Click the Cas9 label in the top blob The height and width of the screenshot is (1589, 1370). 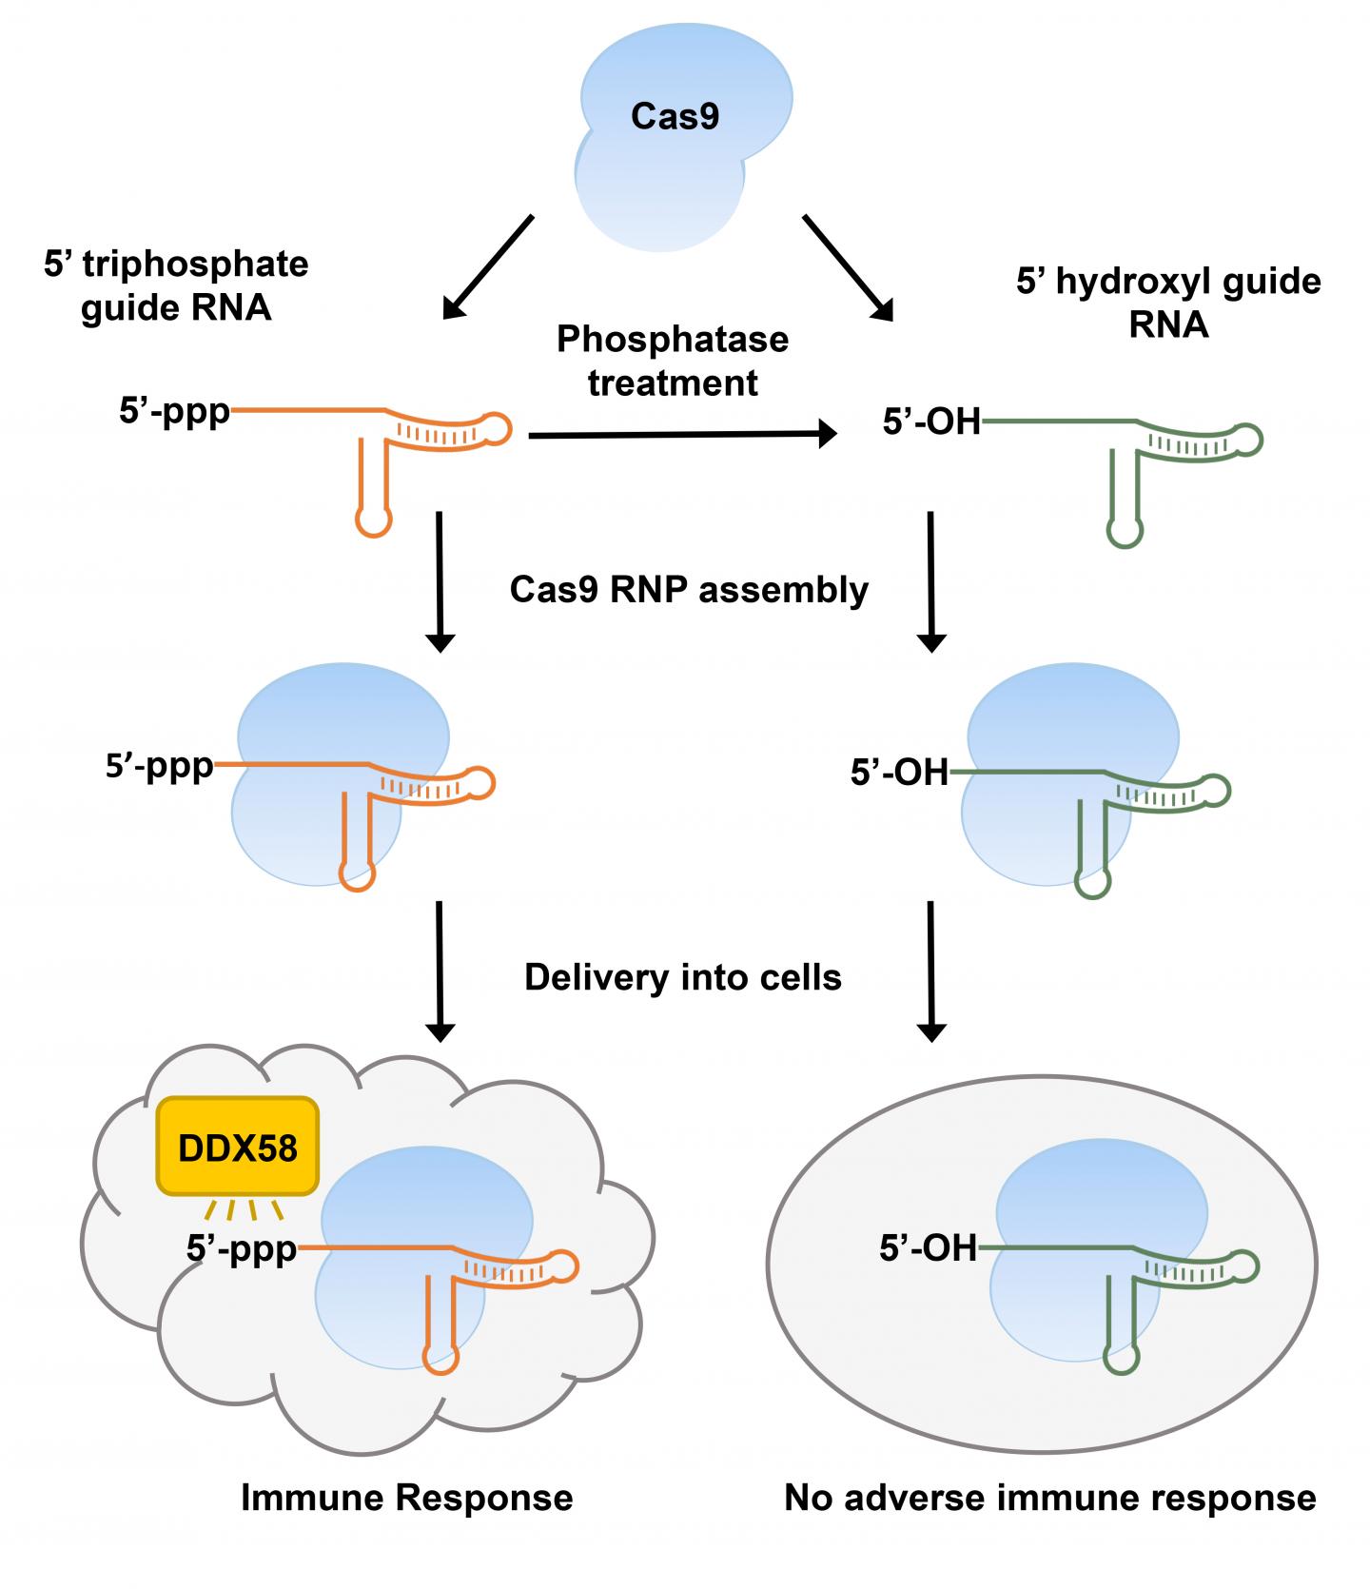tap(675, 117)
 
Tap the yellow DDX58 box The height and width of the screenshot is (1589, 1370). tap(238, 1148)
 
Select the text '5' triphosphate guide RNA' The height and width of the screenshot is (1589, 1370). tap(176, 285)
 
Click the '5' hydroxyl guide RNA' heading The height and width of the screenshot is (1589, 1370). tap(1168, 303)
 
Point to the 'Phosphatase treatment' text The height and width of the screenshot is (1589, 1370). tap(673, 361)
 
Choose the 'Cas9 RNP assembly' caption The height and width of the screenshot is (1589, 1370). tap(689, 590)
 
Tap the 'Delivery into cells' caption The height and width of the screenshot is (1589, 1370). tap(683, 977)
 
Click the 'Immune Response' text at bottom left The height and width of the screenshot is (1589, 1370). tap(406, 1498)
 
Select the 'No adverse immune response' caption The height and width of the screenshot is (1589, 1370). tap(1049, 1498)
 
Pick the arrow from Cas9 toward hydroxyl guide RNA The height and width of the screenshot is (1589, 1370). tap(848, 267)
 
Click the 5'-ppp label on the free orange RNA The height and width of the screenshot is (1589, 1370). tap(174, 412)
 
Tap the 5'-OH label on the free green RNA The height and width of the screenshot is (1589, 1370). tap(931, 421)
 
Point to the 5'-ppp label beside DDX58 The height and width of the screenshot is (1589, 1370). tap(242, 1248)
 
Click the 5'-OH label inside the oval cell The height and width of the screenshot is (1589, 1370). tap(929, 1247)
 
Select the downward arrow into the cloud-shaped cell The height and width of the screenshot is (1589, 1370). tap(439, 971)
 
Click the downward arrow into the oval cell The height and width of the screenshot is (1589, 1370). tap(930, 971)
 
